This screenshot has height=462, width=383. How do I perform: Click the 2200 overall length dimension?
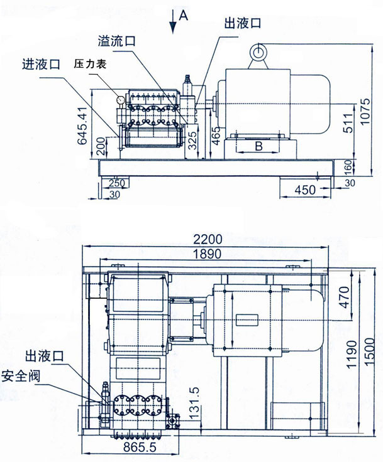coord(208,239)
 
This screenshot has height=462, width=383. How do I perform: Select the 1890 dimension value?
coord(207,254)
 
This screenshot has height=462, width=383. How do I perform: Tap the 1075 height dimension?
coord(365,111)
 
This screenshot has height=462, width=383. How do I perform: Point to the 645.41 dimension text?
coord(82,126)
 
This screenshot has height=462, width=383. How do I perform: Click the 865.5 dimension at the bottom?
coord(140,448)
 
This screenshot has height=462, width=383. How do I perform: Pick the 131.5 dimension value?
coord(194,403)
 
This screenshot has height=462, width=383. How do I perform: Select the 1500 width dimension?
coord(370,352)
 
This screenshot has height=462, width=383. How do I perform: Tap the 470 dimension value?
coord(344,298)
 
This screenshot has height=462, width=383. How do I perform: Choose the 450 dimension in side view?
coord(306,190)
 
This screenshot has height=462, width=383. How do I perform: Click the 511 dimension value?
coord(348,123)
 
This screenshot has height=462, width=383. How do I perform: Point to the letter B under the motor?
coord(258,146)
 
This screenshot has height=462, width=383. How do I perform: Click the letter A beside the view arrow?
coord(184,15)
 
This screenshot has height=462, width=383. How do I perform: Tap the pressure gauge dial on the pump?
coord(120,100)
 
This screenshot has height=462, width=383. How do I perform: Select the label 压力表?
coord(90,64)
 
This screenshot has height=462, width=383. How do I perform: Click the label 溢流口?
coord(117,41)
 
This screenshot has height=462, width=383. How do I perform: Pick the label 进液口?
coord(41,64)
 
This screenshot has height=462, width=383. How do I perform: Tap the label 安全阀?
coord(21,376)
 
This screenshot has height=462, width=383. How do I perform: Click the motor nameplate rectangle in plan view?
coord(247,320)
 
